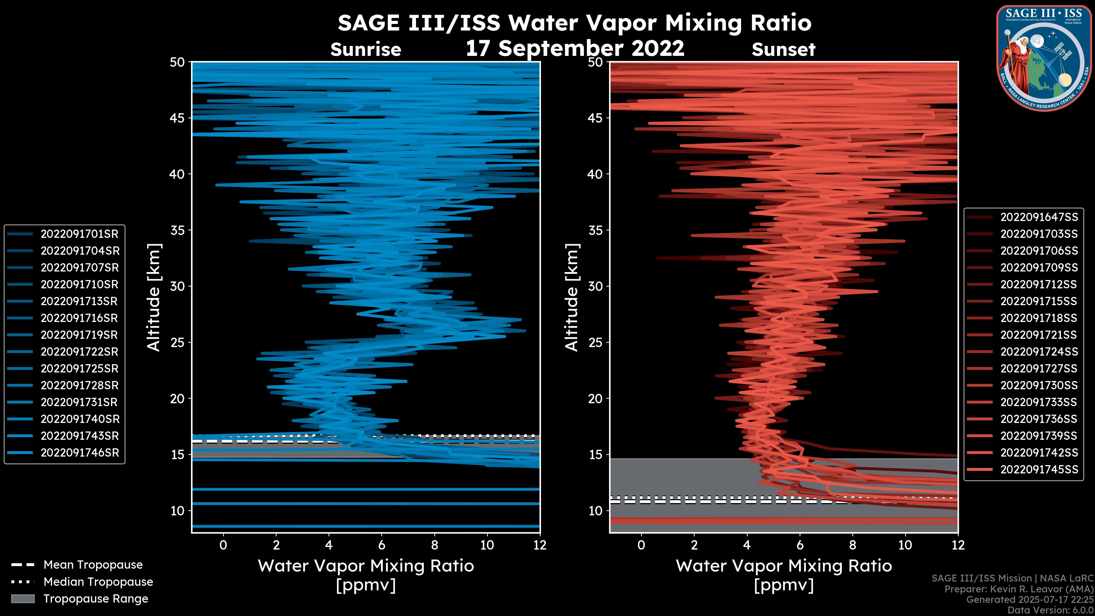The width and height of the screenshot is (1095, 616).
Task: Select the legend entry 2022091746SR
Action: (80, 453)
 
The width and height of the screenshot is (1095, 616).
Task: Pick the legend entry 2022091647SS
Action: (1039, 217)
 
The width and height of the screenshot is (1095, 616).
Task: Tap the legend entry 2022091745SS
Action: (1039, 469)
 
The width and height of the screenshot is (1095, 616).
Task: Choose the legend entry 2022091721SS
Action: (1039, 335)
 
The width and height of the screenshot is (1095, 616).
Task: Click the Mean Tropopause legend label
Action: (93, 565)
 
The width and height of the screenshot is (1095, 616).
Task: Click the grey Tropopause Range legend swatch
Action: (23, 599)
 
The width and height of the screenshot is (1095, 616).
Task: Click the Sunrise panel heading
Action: (366, 50)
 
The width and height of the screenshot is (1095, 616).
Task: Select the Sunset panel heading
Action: (783, 50)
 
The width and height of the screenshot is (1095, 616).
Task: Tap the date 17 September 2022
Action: (575, 48)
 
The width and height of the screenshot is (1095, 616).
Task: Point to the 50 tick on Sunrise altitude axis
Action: (178, 62)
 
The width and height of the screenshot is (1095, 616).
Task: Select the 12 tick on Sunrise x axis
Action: (540, 545)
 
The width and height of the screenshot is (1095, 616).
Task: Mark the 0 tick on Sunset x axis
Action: (641, 545)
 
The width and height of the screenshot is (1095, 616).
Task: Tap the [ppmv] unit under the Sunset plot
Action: (783, 585)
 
